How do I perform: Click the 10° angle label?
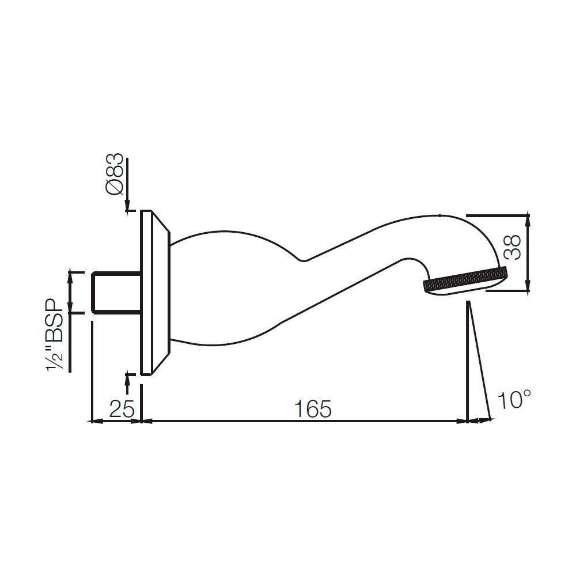point(513,399)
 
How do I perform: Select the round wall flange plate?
point(146,293)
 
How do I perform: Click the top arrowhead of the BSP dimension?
point(71,275)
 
